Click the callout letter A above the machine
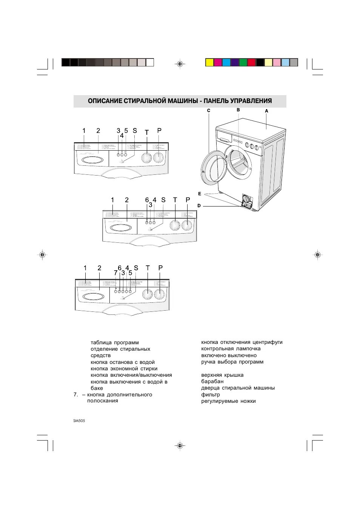click(266, 111)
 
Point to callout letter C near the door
click(209, 111)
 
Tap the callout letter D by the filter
click(199, 206)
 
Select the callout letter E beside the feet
click(200, 194)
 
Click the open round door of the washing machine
click(214, 168)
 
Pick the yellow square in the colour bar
click(209, 63)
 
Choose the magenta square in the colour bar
click(218, 63)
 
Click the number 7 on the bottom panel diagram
click(115, 273)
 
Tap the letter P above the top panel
click(159, 131)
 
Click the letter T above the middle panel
click(175, 200)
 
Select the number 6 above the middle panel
click(147, 200)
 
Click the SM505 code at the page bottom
click(79, 421)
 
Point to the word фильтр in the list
click(211, 394)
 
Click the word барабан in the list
click(212, 381)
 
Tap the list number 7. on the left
click(75, 394)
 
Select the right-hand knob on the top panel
click(159, 157)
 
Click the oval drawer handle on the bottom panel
click(93, 297)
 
